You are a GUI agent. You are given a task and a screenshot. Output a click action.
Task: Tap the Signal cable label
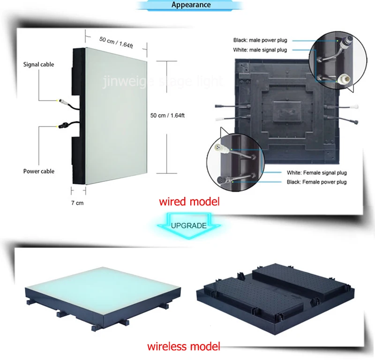pos(38,64)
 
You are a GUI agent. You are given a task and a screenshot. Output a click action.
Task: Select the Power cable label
pos(39,171)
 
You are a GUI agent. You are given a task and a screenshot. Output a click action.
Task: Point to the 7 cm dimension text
pos(77,202)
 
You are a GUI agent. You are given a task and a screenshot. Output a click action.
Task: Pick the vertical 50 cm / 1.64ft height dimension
pos(167,114)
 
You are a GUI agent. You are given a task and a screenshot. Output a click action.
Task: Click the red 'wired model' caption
pos(189,202)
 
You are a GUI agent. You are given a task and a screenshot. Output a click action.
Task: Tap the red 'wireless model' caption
pos(183,347)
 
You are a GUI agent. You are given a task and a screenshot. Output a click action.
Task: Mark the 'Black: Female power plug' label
pos(317,182)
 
